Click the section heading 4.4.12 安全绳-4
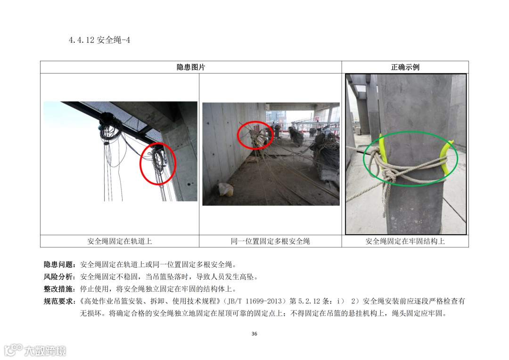pos(99,40)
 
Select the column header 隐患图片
pos(191,67)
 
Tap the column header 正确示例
pos(405,67)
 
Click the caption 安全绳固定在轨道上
pos(119,241)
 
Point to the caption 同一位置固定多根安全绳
pos(271,241)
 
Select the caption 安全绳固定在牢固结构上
pos(405,241)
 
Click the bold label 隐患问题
pos(58,264)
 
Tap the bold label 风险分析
pos(58,277)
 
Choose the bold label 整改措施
pos(58,289)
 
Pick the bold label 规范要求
pos(58,301)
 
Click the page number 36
pos(254,334)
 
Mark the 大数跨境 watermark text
pos(45,351)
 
